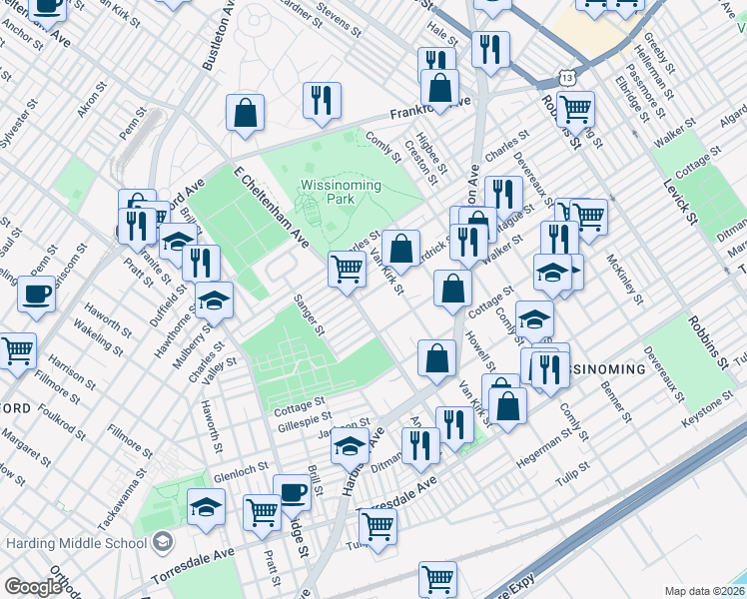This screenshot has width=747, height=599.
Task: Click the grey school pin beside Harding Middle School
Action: (163, 543)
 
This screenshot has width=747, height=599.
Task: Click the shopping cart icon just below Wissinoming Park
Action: (347, 268)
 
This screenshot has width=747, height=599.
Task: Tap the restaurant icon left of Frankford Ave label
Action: (322, 100)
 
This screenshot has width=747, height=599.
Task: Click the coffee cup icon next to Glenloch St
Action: (292, 492)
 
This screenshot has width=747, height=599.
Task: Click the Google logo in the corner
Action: (33, 587)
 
